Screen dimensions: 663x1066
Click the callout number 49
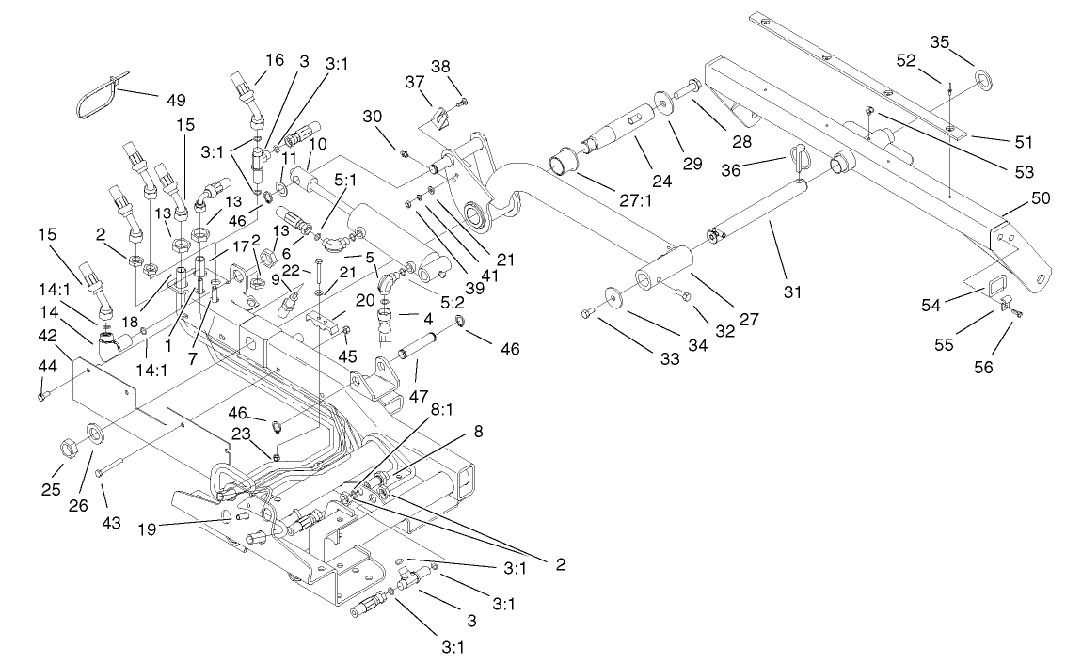(176, 100)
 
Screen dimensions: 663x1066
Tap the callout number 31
(793, 292)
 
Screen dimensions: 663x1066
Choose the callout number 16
(273, 59)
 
